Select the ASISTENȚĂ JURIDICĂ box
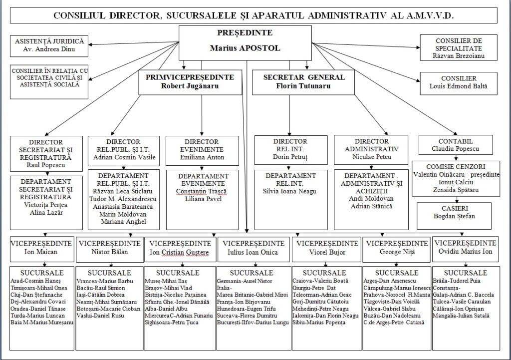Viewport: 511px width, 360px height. tap(49, 45)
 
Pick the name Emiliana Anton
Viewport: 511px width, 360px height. tap(202, 157)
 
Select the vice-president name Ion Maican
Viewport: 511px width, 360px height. tap(41, 252)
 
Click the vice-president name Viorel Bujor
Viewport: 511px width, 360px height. tap(327, 252)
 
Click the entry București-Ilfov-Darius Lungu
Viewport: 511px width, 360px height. tap(253, 323)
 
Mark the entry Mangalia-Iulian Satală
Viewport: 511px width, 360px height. tap(462, 316)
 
